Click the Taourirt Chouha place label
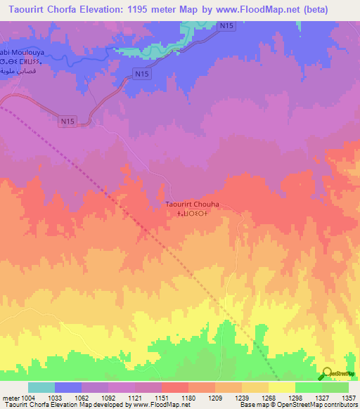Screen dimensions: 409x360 [x=192, y=204]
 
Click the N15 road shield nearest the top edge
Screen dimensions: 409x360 [x=226, y=26]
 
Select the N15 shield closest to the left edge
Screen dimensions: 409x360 [x=67, y=122]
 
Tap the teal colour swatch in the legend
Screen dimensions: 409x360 [x=41, y=387]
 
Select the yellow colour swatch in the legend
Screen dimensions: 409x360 [x=281, y=387]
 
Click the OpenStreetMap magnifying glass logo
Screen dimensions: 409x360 [x=326, y=375]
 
